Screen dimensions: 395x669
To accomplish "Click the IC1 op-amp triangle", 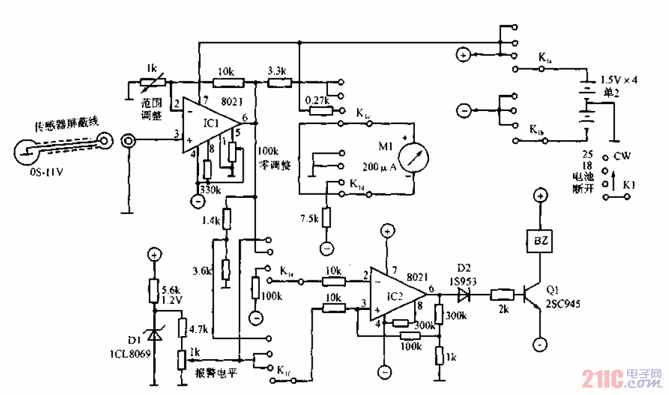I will (208, 124).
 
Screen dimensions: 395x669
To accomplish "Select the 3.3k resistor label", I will (277, 70).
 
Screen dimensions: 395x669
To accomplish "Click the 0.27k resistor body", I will (320, 111).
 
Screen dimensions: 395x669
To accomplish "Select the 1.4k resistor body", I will (226, 218).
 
